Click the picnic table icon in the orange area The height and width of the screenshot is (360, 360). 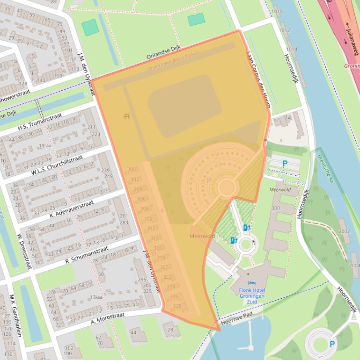(x=126, y=116)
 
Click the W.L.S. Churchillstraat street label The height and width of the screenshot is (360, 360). (x=57, y=165)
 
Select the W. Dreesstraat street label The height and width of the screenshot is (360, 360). (x=24, y=251)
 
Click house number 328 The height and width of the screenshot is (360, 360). (x=177, y=306)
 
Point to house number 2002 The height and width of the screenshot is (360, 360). (x=344, y=231)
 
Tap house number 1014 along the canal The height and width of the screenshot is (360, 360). (x=291, y=49)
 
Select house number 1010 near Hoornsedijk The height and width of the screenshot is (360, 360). (x=277, y=11)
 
